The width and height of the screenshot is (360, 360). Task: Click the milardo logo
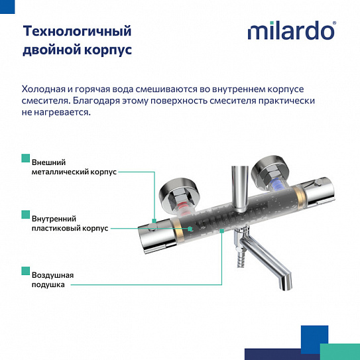point(291,30)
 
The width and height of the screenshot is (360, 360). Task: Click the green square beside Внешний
point(26,158)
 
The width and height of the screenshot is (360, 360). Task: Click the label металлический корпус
point(74,172)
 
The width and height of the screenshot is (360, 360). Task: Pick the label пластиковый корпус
point(70,228)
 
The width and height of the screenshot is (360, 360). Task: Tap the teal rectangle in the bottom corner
point(339,352)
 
